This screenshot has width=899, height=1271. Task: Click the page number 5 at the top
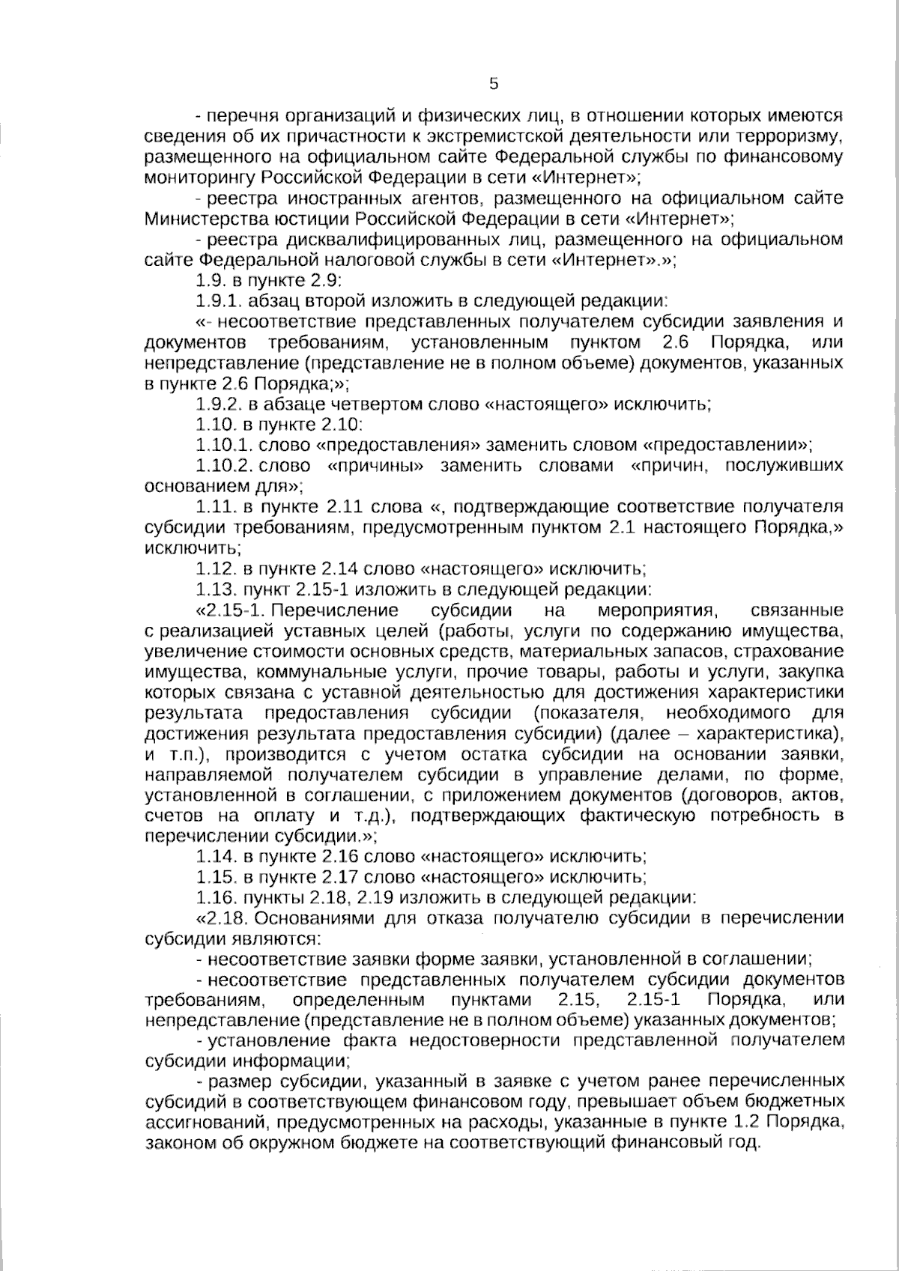(493, 84)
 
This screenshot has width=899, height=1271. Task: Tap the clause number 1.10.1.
(222, 446)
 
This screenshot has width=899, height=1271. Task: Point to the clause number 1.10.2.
(222, 466)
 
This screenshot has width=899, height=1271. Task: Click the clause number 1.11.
(213, 507)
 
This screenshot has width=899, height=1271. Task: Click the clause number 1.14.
(213, 855)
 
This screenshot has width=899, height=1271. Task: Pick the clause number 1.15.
(213, 876)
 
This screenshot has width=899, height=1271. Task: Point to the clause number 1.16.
(213, 897)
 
